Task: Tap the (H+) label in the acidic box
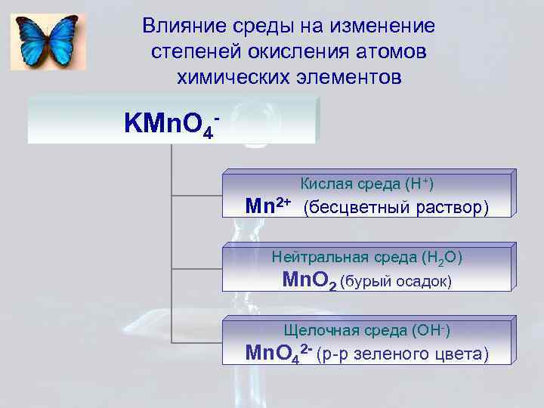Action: pyautogui.click(x=419, y=184)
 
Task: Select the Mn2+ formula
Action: pyautogui.click(x=270, y=206)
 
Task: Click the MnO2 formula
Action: pyautogui.click(x=308, y=281)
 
